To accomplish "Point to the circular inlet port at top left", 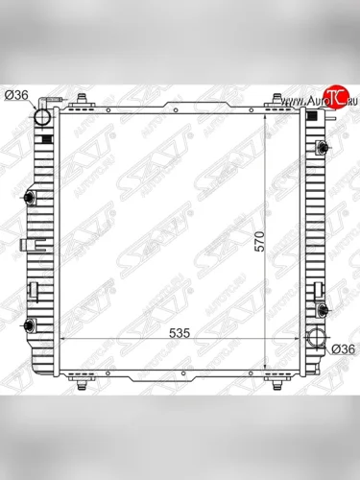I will (42, 118).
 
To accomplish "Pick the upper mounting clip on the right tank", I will (325, 146).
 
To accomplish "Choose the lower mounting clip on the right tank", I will (325, 309).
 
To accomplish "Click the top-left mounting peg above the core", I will (83, 99).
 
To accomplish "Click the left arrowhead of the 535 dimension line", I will (63, 341).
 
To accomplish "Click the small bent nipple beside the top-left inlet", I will (60, 103).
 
